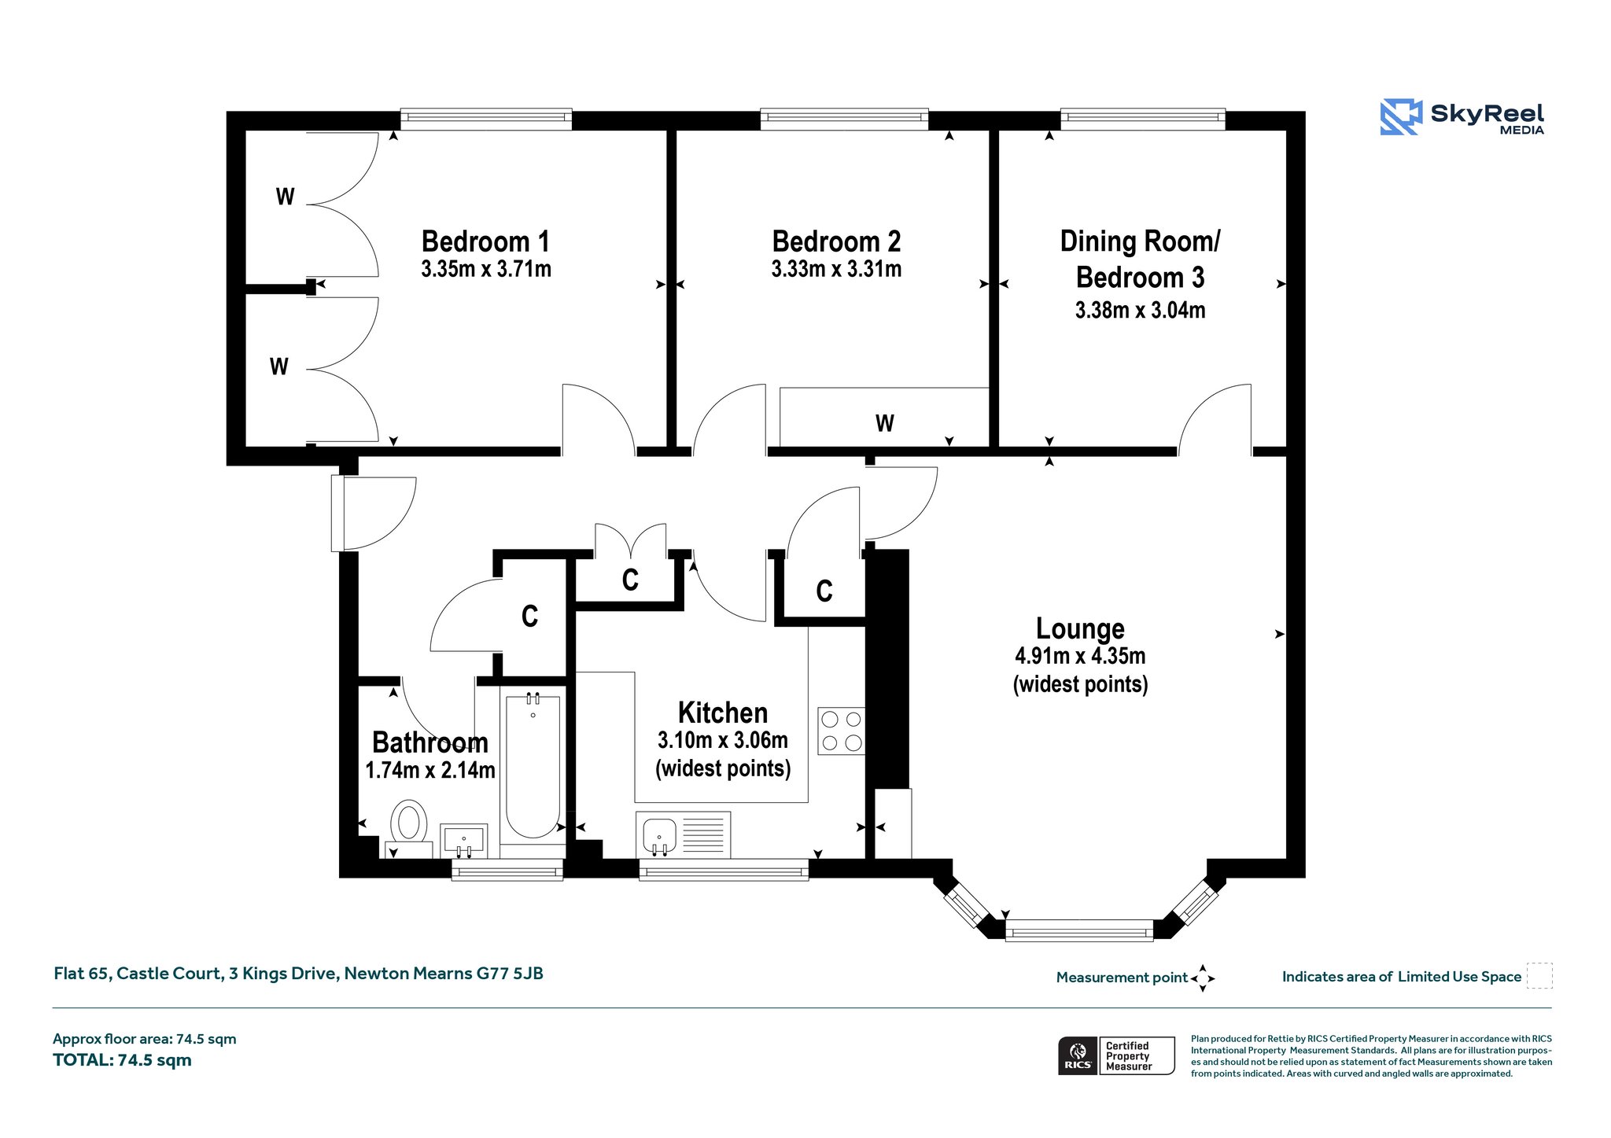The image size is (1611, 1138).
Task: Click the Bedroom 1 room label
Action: tap(485, 241)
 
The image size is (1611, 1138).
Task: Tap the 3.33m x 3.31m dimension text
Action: tap(836, 269)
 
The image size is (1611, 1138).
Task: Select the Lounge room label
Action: tap(1080, 628)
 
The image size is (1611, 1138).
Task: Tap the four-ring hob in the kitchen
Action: tap(841, 731)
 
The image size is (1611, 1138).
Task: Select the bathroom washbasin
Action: tap(463, 841)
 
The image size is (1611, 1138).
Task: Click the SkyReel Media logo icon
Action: tap(1401, 117)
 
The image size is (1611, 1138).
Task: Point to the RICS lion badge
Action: tap(1078, 1055)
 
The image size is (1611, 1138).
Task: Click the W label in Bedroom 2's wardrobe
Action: tap(884, 424)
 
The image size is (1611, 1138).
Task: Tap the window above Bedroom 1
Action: tap(486, 119)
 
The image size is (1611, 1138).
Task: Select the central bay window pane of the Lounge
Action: tap(1079, 930)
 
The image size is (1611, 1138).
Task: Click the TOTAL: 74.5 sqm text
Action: tap(122, 1060)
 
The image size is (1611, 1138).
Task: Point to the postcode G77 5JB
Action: tap(510, 974)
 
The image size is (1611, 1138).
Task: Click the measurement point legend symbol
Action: tap(1203, 978)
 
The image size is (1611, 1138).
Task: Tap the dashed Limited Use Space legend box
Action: tap(1539, 976)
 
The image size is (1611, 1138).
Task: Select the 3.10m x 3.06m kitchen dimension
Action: tap(723, 740)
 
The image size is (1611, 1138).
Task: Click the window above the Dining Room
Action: tap(1143, 119)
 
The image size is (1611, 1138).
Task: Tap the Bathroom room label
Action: tap(430, 742)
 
